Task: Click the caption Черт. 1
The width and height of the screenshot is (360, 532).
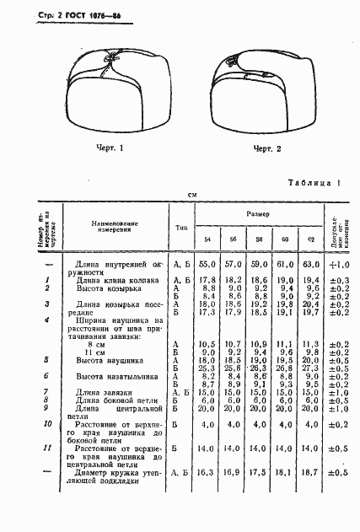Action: tap(110, 148)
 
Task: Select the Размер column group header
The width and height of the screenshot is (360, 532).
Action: tap(258, 214)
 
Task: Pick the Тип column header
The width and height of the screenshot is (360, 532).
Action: tap(181, 227)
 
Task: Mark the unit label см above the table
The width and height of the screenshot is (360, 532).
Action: tap(192, 195)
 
